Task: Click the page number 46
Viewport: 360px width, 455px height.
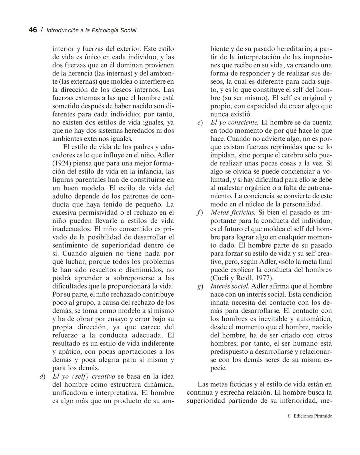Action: tap(33, 30)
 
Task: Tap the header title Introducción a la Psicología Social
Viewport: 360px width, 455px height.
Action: tap(91, 30)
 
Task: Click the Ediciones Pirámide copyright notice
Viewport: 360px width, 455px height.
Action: tap(310, 416)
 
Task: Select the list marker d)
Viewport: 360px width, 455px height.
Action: tap(42, 376)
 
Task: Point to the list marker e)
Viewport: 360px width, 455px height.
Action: tap(200, 123)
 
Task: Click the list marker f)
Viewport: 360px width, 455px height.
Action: tap(200, 212)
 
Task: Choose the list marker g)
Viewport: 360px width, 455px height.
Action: tap(200, 287)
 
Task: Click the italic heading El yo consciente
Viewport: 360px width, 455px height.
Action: tap(234, 122)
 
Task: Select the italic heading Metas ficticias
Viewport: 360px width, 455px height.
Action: tap(233, 212)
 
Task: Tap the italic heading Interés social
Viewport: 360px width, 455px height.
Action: tap(229, 286)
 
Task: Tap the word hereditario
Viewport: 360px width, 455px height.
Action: tap(289, 49)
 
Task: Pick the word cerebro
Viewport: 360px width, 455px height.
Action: tap(300, 155)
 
